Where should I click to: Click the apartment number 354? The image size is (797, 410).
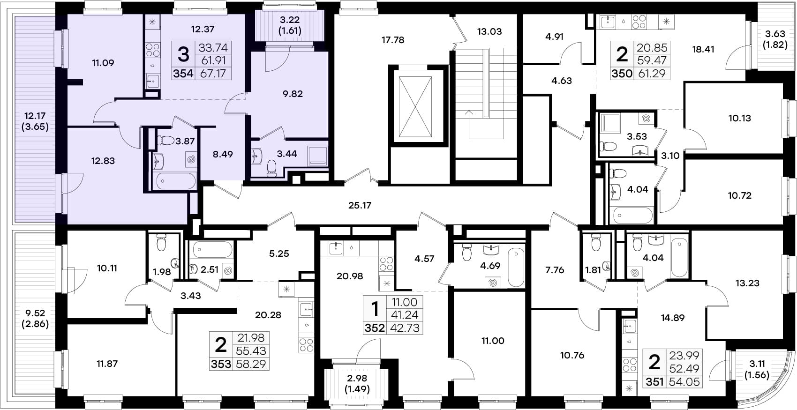[x=183, y=74]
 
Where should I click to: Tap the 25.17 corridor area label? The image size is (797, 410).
[x=360, y=205]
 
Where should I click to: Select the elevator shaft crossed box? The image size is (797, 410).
[x=415, y=107]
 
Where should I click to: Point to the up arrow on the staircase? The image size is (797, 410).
[x=469, y=124]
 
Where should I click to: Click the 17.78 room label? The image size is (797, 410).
[x=393, y=40]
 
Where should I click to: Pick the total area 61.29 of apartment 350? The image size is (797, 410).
[x=652, y=74]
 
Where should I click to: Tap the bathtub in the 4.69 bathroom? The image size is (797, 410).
[x=516, y=268]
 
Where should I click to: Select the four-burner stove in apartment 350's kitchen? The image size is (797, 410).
[x=639, y=22]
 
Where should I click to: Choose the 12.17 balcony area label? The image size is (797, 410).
[x=35, y=116]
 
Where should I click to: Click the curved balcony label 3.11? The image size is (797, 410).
[x=757, y=364]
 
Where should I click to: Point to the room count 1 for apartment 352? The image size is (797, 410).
[x=375, y=308]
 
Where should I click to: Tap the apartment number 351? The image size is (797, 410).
[x=654, y=382]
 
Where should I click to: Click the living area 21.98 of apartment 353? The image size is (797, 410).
[x=251, y=338]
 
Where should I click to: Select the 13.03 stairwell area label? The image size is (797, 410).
[x=489, y=31]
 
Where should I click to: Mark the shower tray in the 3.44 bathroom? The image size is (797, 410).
[x=318, y=156]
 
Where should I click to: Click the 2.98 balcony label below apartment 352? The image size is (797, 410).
[x=356, y=378]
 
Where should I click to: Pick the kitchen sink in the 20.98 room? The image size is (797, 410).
[x=336, y=248]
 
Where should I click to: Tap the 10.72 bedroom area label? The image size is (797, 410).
[x=740, y=195]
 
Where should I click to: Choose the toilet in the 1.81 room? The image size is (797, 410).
[x=596, y=243]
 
